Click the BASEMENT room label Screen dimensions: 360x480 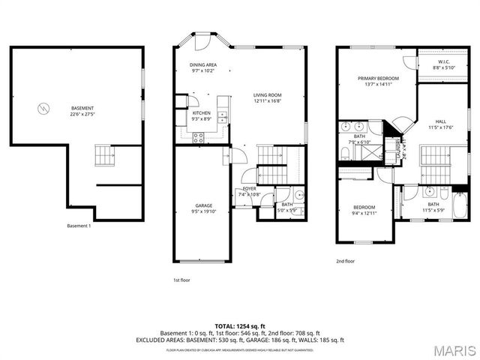[x=82, y=108]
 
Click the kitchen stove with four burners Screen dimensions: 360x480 [x=199, y=136]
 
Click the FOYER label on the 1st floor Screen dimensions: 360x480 [x=249, y=189]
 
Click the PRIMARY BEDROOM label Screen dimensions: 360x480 [x=377, y=78]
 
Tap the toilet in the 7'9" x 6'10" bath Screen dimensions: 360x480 [x=343, y=154]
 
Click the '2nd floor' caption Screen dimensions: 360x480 [x=346, y=262]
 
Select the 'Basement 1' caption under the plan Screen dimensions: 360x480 [x=79, y=226]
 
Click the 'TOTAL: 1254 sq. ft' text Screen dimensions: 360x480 [x=239, y=325]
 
